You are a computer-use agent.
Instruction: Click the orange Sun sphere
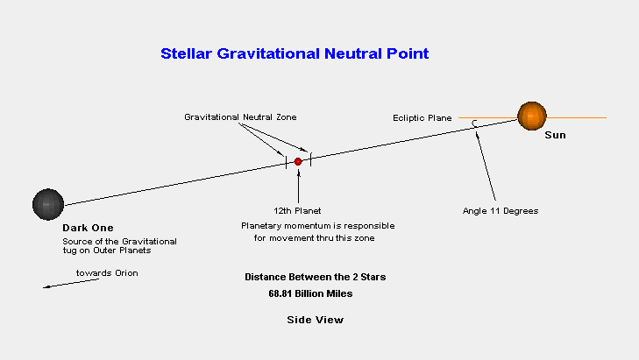point(532,116)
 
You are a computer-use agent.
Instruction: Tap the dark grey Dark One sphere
point(48,204)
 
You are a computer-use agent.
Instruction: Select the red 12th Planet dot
point(298,162)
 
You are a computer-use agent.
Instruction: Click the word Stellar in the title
point(186,53)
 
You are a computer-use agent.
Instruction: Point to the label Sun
point(555,135)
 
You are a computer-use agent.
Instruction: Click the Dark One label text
point(88,228)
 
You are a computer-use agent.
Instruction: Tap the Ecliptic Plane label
point(422,118)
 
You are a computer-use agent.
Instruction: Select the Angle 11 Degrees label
point(501,211)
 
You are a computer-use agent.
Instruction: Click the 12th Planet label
point(297,211)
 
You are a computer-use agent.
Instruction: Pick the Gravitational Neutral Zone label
point(240,117)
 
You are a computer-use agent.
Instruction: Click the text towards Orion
point(107,273)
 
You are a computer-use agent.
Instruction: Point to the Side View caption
point(315,320)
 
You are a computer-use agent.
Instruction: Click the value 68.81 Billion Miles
point(310,293)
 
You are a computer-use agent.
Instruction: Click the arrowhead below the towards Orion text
point(46,286)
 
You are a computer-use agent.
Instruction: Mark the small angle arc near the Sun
point(474,124)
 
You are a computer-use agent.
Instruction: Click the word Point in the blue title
point(408,53)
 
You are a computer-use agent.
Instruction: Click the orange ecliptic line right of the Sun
point(577,117)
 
